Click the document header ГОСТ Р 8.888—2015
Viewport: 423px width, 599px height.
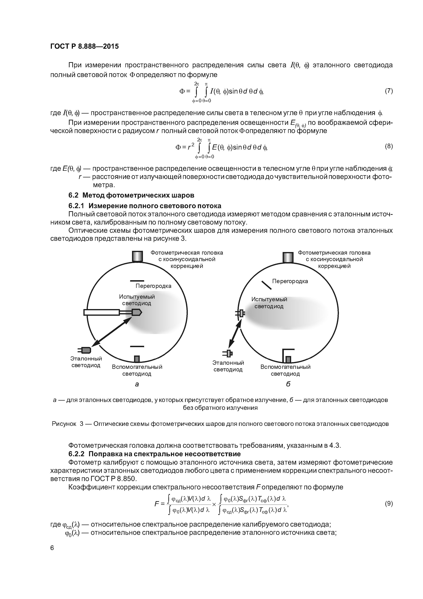84,46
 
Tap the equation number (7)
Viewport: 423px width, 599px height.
389,91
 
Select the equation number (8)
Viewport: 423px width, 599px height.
389,146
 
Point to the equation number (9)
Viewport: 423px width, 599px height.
389,504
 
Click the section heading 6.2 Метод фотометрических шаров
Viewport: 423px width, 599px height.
131,195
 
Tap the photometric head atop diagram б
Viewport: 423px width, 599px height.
288,257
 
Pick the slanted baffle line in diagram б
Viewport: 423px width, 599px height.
267,285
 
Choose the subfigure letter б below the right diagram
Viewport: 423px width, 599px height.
288,384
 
